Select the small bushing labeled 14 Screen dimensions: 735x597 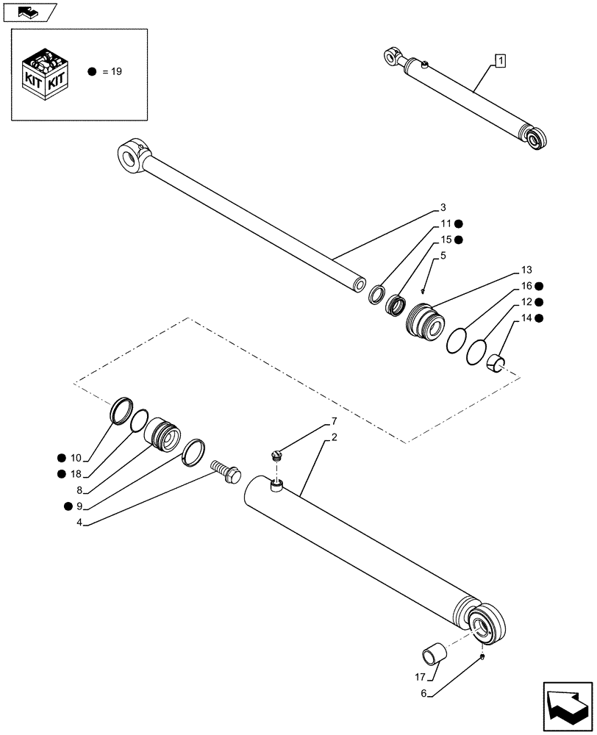[498, 362]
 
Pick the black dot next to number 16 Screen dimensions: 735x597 [539, 286]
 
